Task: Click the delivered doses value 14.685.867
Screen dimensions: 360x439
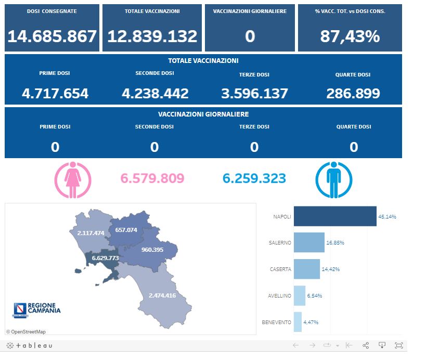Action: [x=52, y=36]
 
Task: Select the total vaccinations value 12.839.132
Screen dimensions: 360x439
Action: [x=152, y=36]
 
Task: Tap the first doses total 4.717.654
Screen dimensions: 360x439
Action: [x=55, y=94]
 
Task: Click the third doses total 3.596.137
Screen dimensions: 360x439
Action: [x=254, y=94]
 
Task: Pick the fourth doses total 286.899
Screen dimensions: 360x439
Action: [x=353, y=94]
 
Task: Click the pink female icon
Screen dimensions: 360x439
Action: [x=73, y=179]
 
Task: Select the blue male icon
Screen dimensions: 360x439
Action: [x=334, y=179]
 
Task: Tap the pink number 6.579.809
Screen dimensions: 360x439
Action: [x=152, y=178]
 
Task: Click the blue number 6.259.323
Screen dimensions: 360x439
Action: [x=254, y=178]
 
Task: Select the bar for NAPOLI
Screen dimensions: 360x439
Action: [x=335, y=216]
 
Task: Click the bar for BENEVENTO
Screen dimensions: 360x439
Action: [x=298, y=322]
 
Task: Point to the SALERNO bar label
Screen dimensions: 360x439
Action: [x=280, y=243]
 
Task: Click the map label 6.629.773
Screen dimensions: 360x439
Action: [x=105, y=258]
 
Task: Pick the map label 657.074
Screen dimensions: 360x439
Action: [x=126, y=230]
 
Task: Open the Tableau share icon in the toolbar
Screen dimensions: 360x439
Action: [x=365, y=345]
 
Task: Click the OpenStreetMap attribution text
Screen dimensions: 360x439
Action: [x=26, y=332]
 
